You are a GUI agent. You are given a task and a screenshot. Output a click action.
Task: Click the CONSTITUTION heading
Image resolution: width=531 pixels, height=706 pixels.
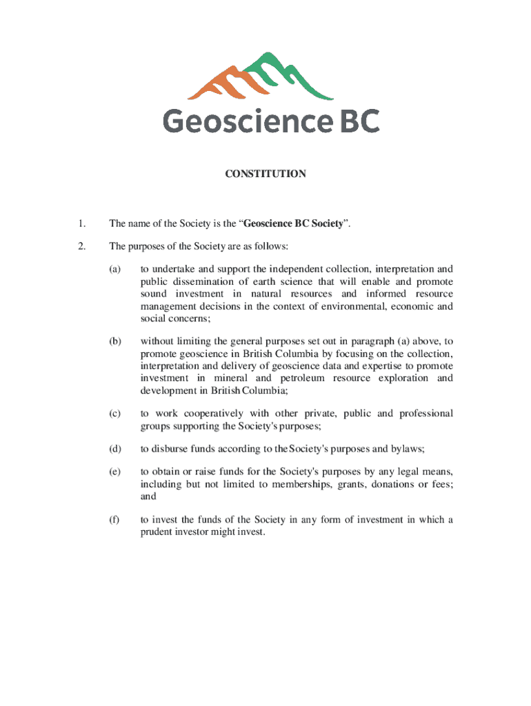[x=265, y=174]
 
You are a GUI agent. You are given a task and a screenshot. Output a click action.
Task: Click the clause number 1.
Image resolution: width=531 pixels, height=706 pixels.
[x=81, y=223]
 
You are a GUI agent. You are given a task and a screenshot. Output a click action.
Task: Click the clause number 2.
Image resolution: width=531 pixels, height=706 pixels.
[x=81, y=246]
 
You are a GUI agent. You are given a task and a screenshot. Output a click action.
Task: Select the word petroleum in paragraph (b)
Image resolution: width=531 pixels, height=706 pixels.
[x=302, y=379]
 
